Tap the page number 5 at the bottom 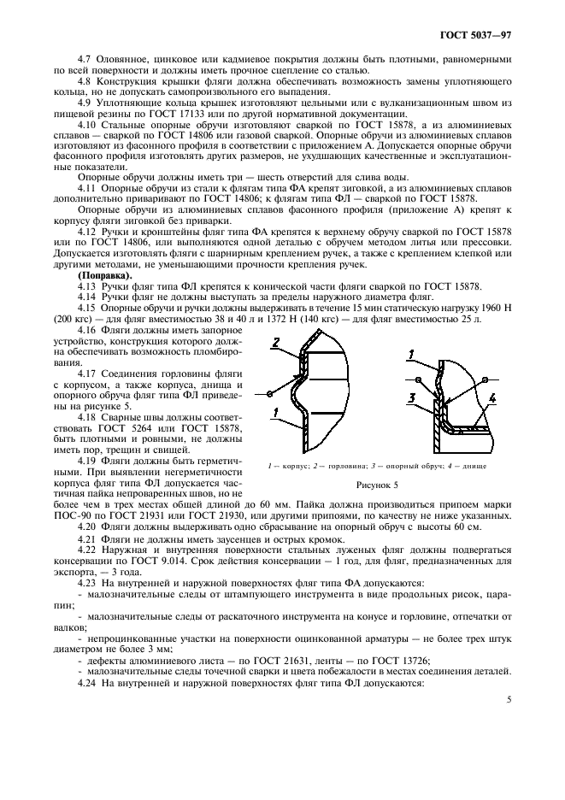coord(509,699)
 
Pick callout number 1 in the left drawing coord(275,413)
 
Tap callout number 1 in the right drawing coord(411,353)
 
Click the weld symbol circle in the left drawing coord(269,393)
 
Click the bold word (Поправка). coord(104,276)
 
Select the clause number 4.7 coord(85,60)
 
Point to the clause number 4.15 coord(88,307)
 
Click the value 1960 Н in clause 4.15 coord(492,307)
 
